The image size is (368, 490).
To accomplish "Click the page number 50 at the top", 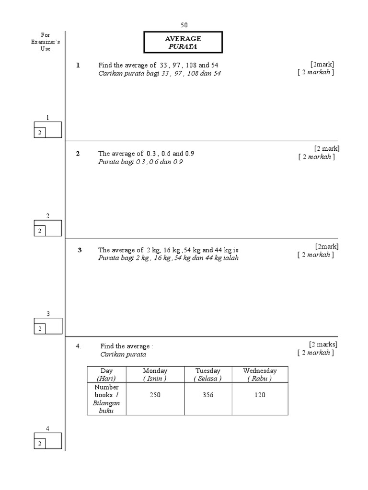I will [x=184, y=25].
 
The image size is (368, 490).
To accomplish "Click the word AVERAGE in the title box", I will [x=183, y=39].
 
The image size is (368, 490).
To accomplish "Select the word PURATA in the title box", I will [x=183, y=47].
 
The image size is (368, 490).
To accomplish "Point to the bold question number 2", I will [x=78, y=154].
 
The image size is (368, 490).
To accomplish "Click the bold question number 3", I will [x=80, y=250].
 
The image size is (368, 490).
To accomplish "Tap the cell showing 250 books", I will [x=155, y=395].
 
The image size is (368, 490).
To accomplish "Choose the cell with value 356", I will [x=207, y=395].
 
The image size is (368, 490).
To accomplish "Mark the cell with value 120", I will [x=260, y=395].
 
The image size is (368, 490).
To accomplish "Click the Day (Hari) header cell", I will [x=106, y=374].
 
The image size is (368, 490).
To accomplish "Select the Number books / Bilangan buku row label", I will [x=106, y=399].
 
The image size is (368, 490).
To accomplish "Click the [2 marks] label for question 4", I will [x=323, y=344].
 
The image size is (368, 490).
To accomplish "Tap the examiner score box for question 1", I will [x=47, y=130].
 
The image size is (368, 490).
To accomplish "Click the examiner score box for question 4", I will [x=47, y=441].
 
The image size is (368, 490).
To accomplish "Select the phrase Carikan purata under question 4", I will [x=123, y=355].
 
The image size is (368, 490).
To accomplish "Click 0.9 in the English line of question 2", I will [x=189, y=154].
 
